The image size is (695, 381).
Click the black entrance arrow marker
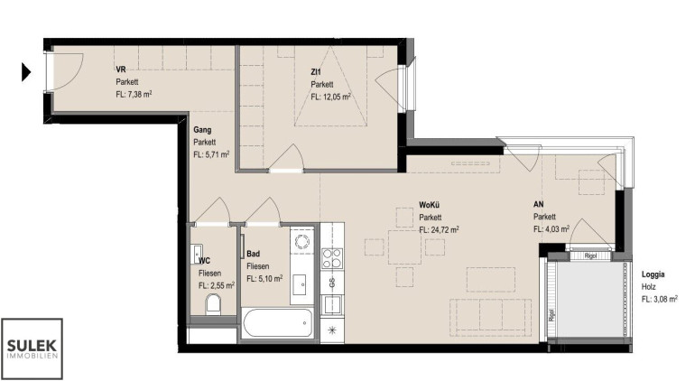[x=26, y=72]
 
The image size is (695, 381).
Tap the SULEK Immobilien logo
[x=32, y=348]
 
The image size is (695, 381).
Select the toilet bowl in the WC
[x=213, y=305]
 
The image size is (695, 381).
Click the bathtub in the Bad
[x=278, y=323]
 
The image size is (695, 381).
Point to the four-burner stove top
[x=332, y=258]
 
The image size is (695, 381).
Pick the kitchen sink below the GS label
[x=332, y=304]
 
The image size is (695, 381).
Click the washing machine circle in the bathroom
[x=302, y=242]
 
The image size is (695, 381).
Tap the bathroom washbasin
[x=302, y=283]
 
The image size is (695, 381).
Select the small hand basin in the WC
[x=197, y=254]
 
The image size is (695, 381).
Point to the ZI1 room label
[x=316, y=71]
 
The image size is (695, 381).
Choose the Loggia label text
[x=653, y=274]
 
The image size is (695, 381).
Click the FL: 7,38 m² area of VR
[x=134, y=94]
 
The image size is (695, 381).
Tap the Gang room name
[x=202, y=130]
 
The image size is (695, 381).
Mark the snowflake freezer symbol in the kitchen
[x=332, y=330]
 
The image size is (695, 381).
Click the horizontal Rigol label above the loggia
[x=590, y=256]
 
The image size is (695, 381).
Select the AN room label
[x=538, y=204]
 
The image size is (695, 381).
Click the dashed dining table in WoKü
[x=404, y=247]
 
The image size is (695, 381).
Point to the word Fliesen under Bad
[x=257, y=266]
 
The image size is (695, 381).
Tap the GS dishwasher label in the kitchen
[x=332, y=282]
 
